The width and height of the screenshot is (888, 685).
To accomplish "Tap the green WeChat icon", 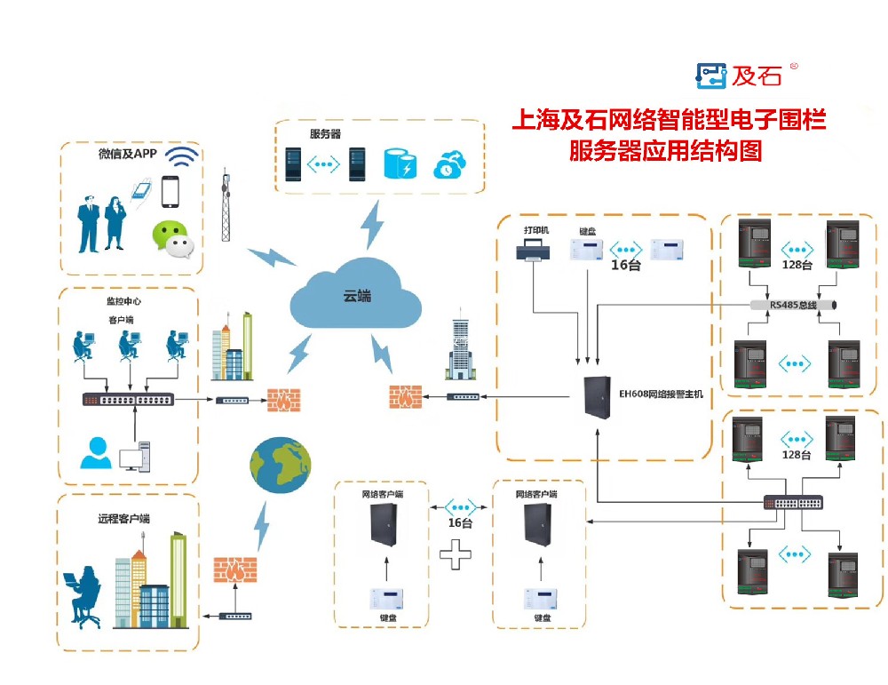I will tap(171, 237).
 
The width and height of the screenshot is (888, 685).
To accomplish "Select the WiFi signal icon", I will tap(183, 157).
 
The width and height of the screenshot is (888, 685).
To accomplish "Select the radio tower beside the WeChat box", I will tap(226, 206).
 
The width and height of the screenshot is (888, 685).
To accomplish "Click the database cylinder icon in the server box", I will tap(400, 164).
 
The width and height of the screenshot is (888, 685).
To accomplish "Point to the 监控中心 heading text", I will tap(123, 302).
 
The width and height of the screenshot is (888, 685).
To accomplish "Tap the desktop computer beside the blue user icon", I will tap(137, 456).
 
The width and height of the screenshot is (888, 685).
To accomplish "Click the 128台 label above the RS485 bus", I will tap(797, 265).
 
